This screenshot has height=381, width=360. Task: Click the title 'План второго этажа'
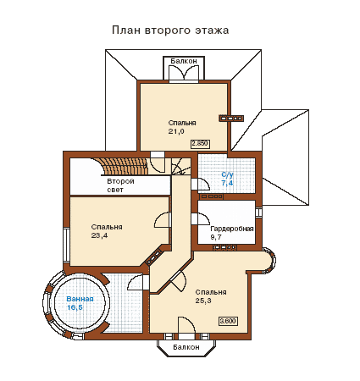[x=170, y=30]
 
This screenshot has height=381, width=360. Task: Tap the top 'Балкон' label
[x=184, y=61]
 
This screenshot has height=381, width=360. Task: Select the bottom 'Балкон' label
[x=186, y=347]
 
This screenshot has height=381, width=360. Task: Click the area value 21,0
[x=176, y=131]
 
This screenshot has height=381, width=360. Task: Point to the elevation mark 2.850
[x=200, y=144]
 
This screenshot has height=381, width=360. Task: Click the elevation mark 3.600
[x=228, y=321]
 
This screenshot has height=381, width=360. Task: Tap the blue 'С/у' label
[x=228, y=175]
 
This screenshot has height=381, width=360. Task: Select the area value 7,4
[x=228, y=183]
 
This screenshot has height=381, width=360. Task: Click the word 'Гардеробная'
[x=232, y=229]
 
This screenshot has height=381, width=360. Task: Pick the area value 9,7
[x=216, y=237]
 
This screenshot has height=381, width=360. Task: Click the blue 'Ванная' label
[x=80, y=299]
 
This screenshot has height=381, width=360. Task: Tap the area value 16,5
[x=75, y=307]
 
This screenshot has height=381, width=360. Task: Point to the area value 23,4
[x=99, y=235]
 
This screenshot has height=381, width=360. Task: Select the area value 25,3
[x=203, y=301]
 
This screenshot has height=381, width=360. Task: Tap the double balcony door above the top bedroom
[x=184, y=74]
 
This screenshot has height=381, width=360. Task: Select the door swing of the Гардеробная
[x=201, y=219]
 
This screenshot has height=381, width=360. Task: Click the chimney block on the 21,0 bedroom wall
[x=231, y=119]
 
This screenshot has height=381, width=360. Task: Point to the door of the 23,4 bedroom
[x=163, y=219]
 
